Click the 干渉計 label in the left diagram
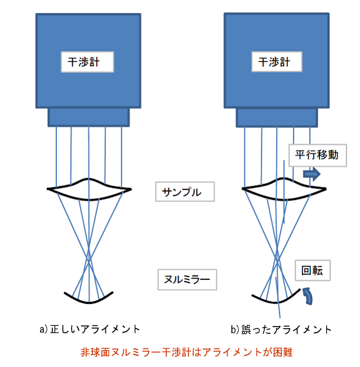coord(87,62)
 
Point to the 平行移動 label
coord(317,155)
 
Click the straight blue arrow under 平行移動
coord(312,174)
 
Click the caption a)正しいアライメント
coord(89,328)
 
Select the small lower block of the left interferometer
coord(88,117)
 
